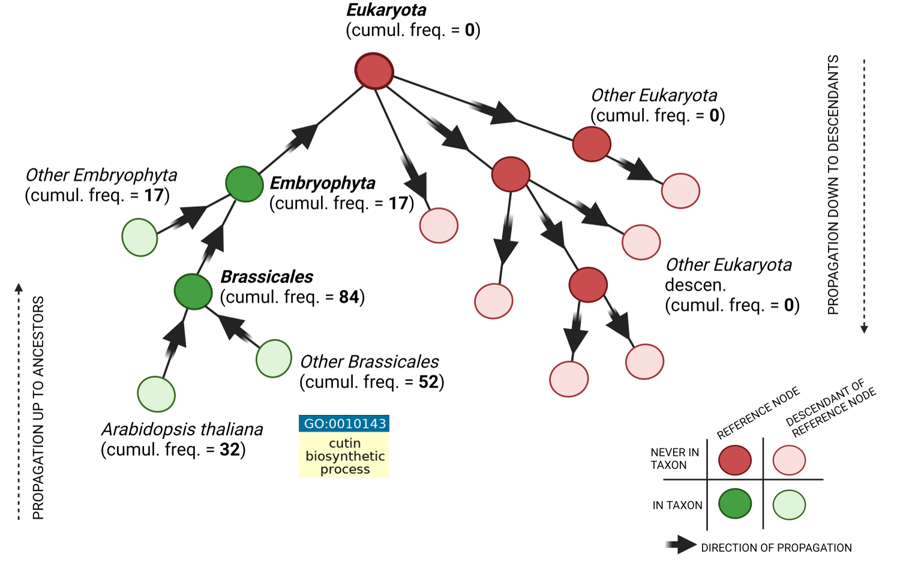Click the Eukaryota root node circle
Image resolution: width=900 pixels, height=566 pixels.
374,71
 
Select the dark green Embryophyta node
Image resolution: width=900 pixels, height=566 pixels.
244,183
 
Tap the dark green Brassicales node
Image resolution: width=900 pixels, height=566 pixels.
193,291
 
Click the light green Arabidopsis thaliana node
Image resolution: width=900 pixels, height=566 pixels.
156,394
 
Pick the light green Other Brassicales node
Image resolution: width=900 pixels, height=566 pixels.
274,359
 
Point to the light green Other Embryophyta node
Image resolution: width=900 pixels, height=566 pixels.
140,237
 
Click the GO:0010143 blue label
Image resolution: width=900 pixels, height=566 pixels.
344,424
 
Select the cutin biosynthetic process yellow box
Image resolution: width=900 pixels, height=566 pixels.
344,456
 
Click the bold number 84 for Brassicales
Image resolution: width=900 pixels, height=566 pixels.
349,297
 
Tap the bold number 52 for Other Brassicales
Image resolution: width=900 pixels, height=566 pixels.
428,383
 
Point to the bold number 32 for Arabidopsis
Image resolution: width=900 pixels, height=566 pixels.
229,450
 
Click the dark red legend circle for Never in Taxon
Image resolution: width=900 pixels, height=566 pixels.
734,460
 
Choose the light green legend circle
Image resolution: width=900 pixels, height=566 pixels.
789,505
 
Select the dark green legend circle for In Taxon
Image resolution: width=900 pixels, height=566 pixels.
734,504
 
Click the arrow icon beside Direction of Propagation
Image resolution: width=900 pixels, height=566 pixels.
680,544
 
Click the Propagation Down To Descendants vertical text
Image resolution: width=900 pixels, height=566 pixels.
833,185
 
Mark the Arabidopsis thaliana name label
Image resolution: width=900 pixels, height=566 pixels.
182,429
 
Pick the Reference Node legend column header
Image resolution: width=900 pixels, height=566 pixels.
758,413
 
